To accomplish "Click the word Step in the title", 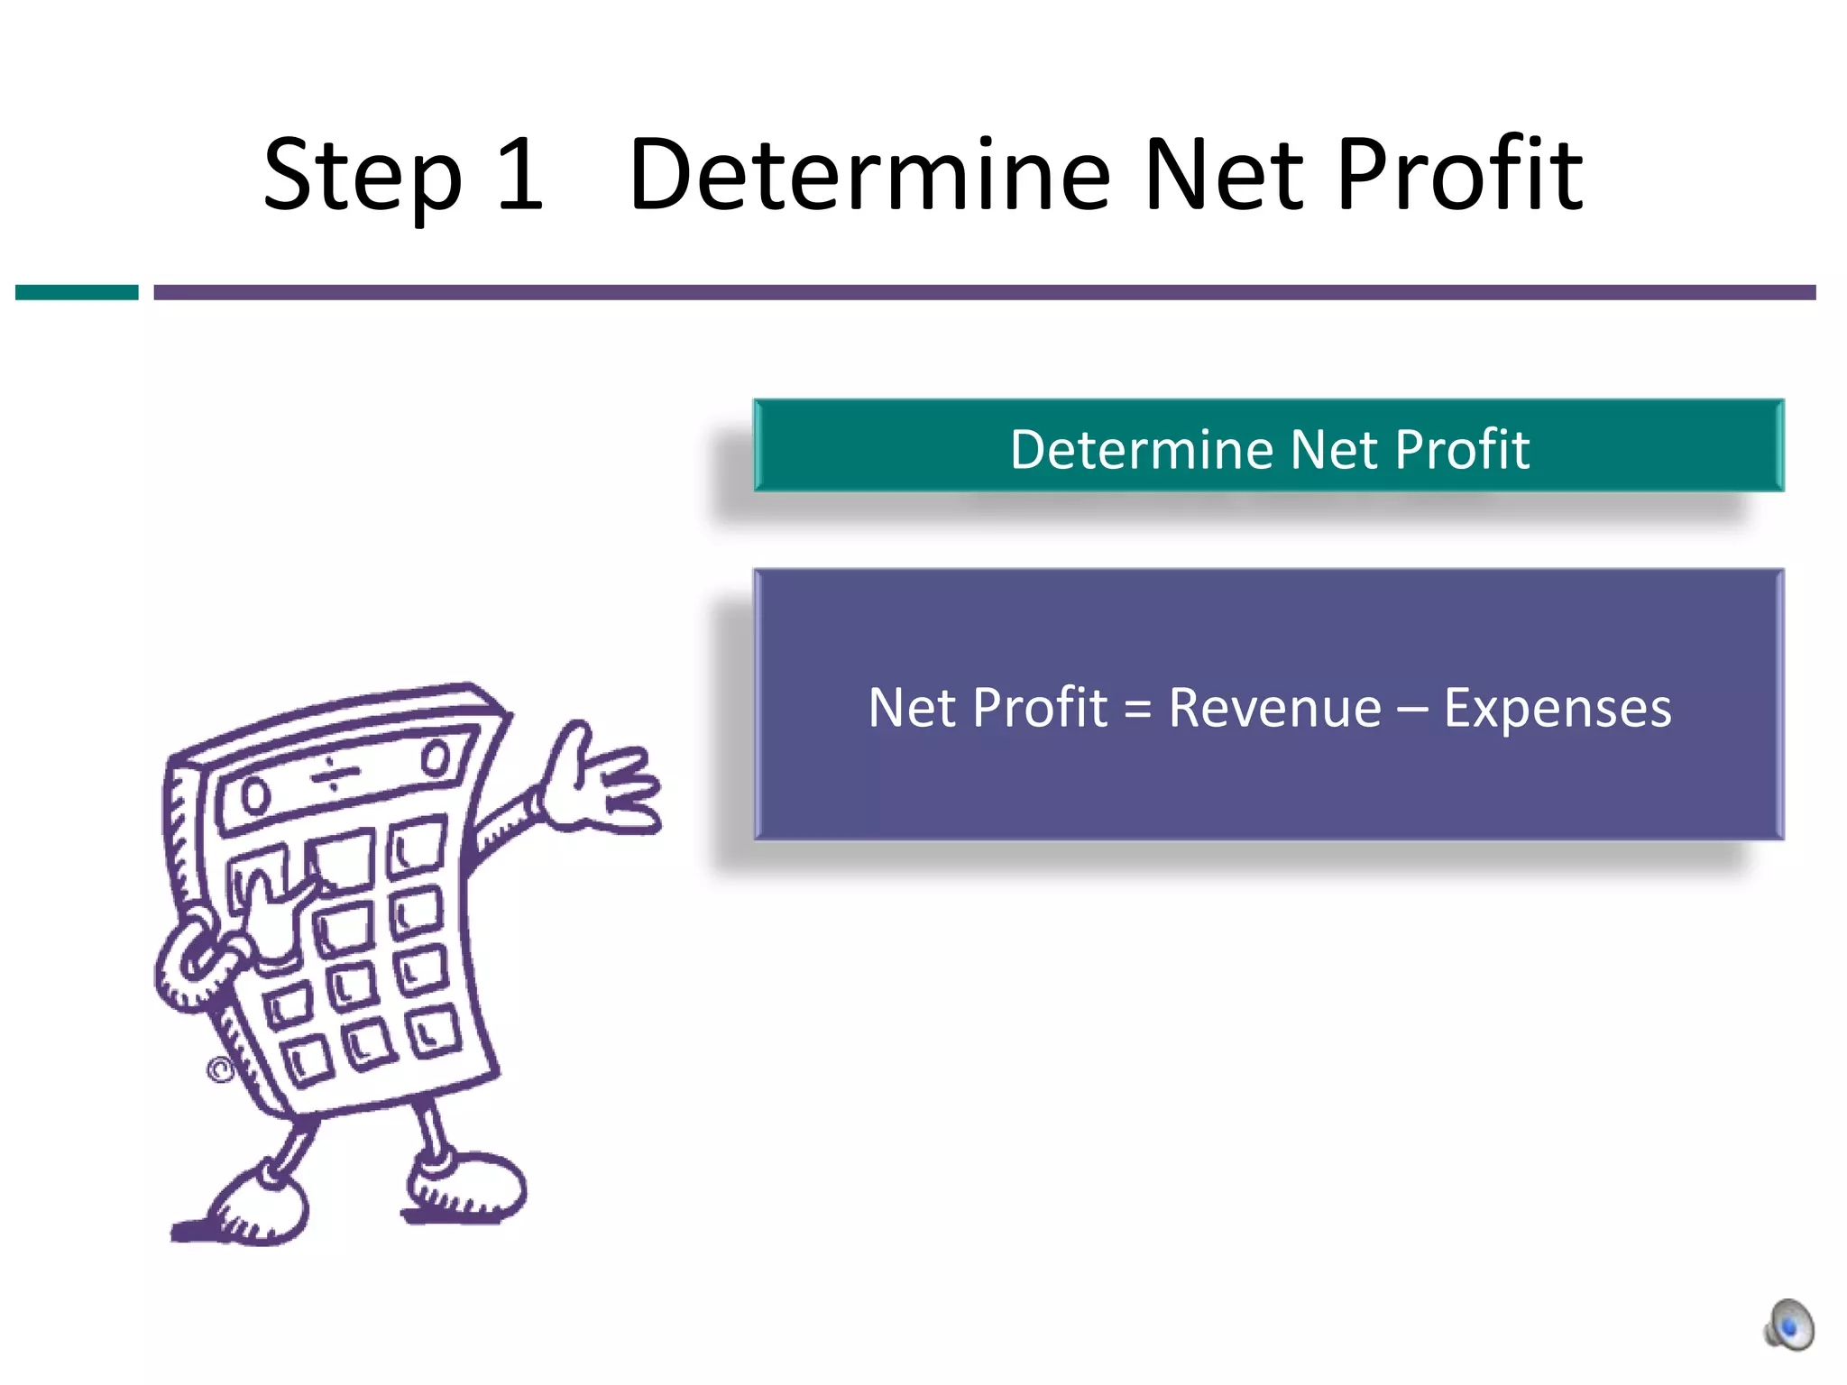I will (x=362, y=176).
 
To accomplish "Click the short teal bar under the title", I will (x=77, y=292).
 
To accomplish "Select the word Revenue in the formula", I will (x=1274, y=707).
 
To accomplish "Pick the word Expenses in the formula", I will (x=1558, y=708).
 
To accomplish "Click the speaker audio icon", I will (x=1788, y=1325).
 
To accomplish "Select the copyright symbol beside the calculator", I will (x=220, y=1070).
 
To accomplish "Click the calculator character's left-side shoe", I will (x=253, y=1208).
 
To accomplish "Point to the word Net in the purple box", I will (x=912, y=708).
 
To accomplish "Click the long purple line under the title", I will (x=983, y=292).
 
